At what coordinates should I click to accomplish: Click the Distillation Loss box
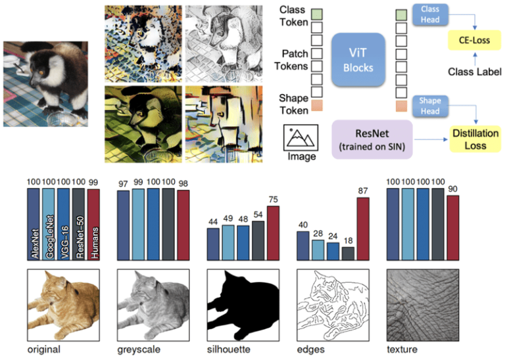tap(475, 139)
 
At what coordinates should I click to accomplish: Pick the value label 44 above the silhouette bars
tap(212, 223)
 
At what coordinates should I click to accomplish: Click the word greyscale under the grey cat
tap(138, 349)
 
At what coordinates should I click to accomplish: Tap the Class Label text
tap(469, 71)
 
